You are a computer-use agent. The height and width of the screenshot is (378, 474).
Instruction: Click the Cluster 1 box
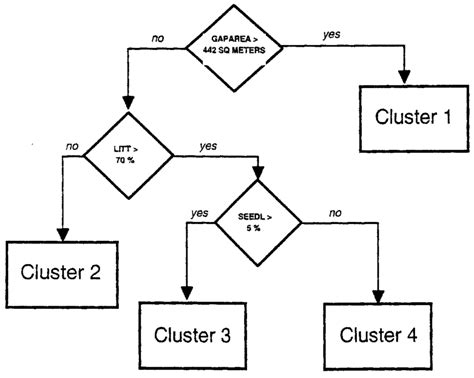coord(406,117)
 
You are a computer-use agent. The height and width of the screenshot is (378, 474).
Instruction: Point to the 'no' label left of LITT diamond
coord(71,145)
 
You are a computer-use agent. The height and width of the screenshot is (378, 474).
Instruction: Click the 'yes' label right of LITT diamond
coord(207,146)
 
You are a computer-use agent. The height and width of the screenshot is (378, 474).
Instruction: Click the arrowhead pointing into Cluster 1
coord(406,79)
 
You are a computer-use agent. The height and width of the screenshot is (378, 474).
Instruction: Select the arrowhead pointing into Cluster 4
coord(379,296)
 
